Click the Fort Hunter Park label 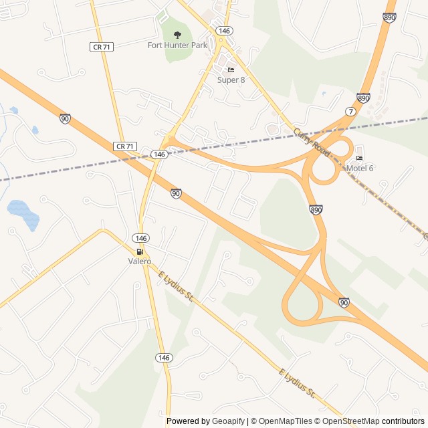(x=177, y=45)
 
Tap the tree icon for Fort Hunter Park (x=177, y=35)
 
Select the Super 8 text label (x=231, y=80)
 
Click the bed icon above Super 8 (x=231, y=70)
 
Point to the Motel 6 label (x=360, y=168)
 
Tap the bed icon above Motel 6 (x=360, y=158)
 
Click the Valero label (x=140, y=261)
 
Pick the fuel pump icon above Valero (x=140, y=251)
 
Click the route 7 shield (x=350, y=111)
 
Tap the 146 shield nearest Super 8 (x=225, y=31)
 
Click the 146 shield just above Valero (x=140, y=238)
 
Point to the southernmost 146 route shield (x=165, y=358)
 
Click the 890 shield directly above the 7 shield (x=363, y=98)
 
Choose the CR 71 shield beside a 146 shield (x=125, y=146)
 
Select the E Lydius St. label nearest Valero (x=176, y=286)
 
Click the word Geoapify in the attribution (x=228, y=421)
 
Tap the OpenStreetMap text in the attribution (x=351, y=421)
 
